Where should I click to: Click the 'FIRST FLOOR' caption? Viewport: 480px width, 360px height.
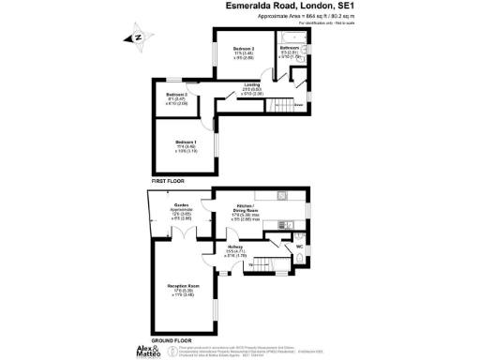tap(172, 179)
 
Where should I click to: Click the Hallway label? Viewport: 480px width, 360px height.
tap(234, 249)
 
